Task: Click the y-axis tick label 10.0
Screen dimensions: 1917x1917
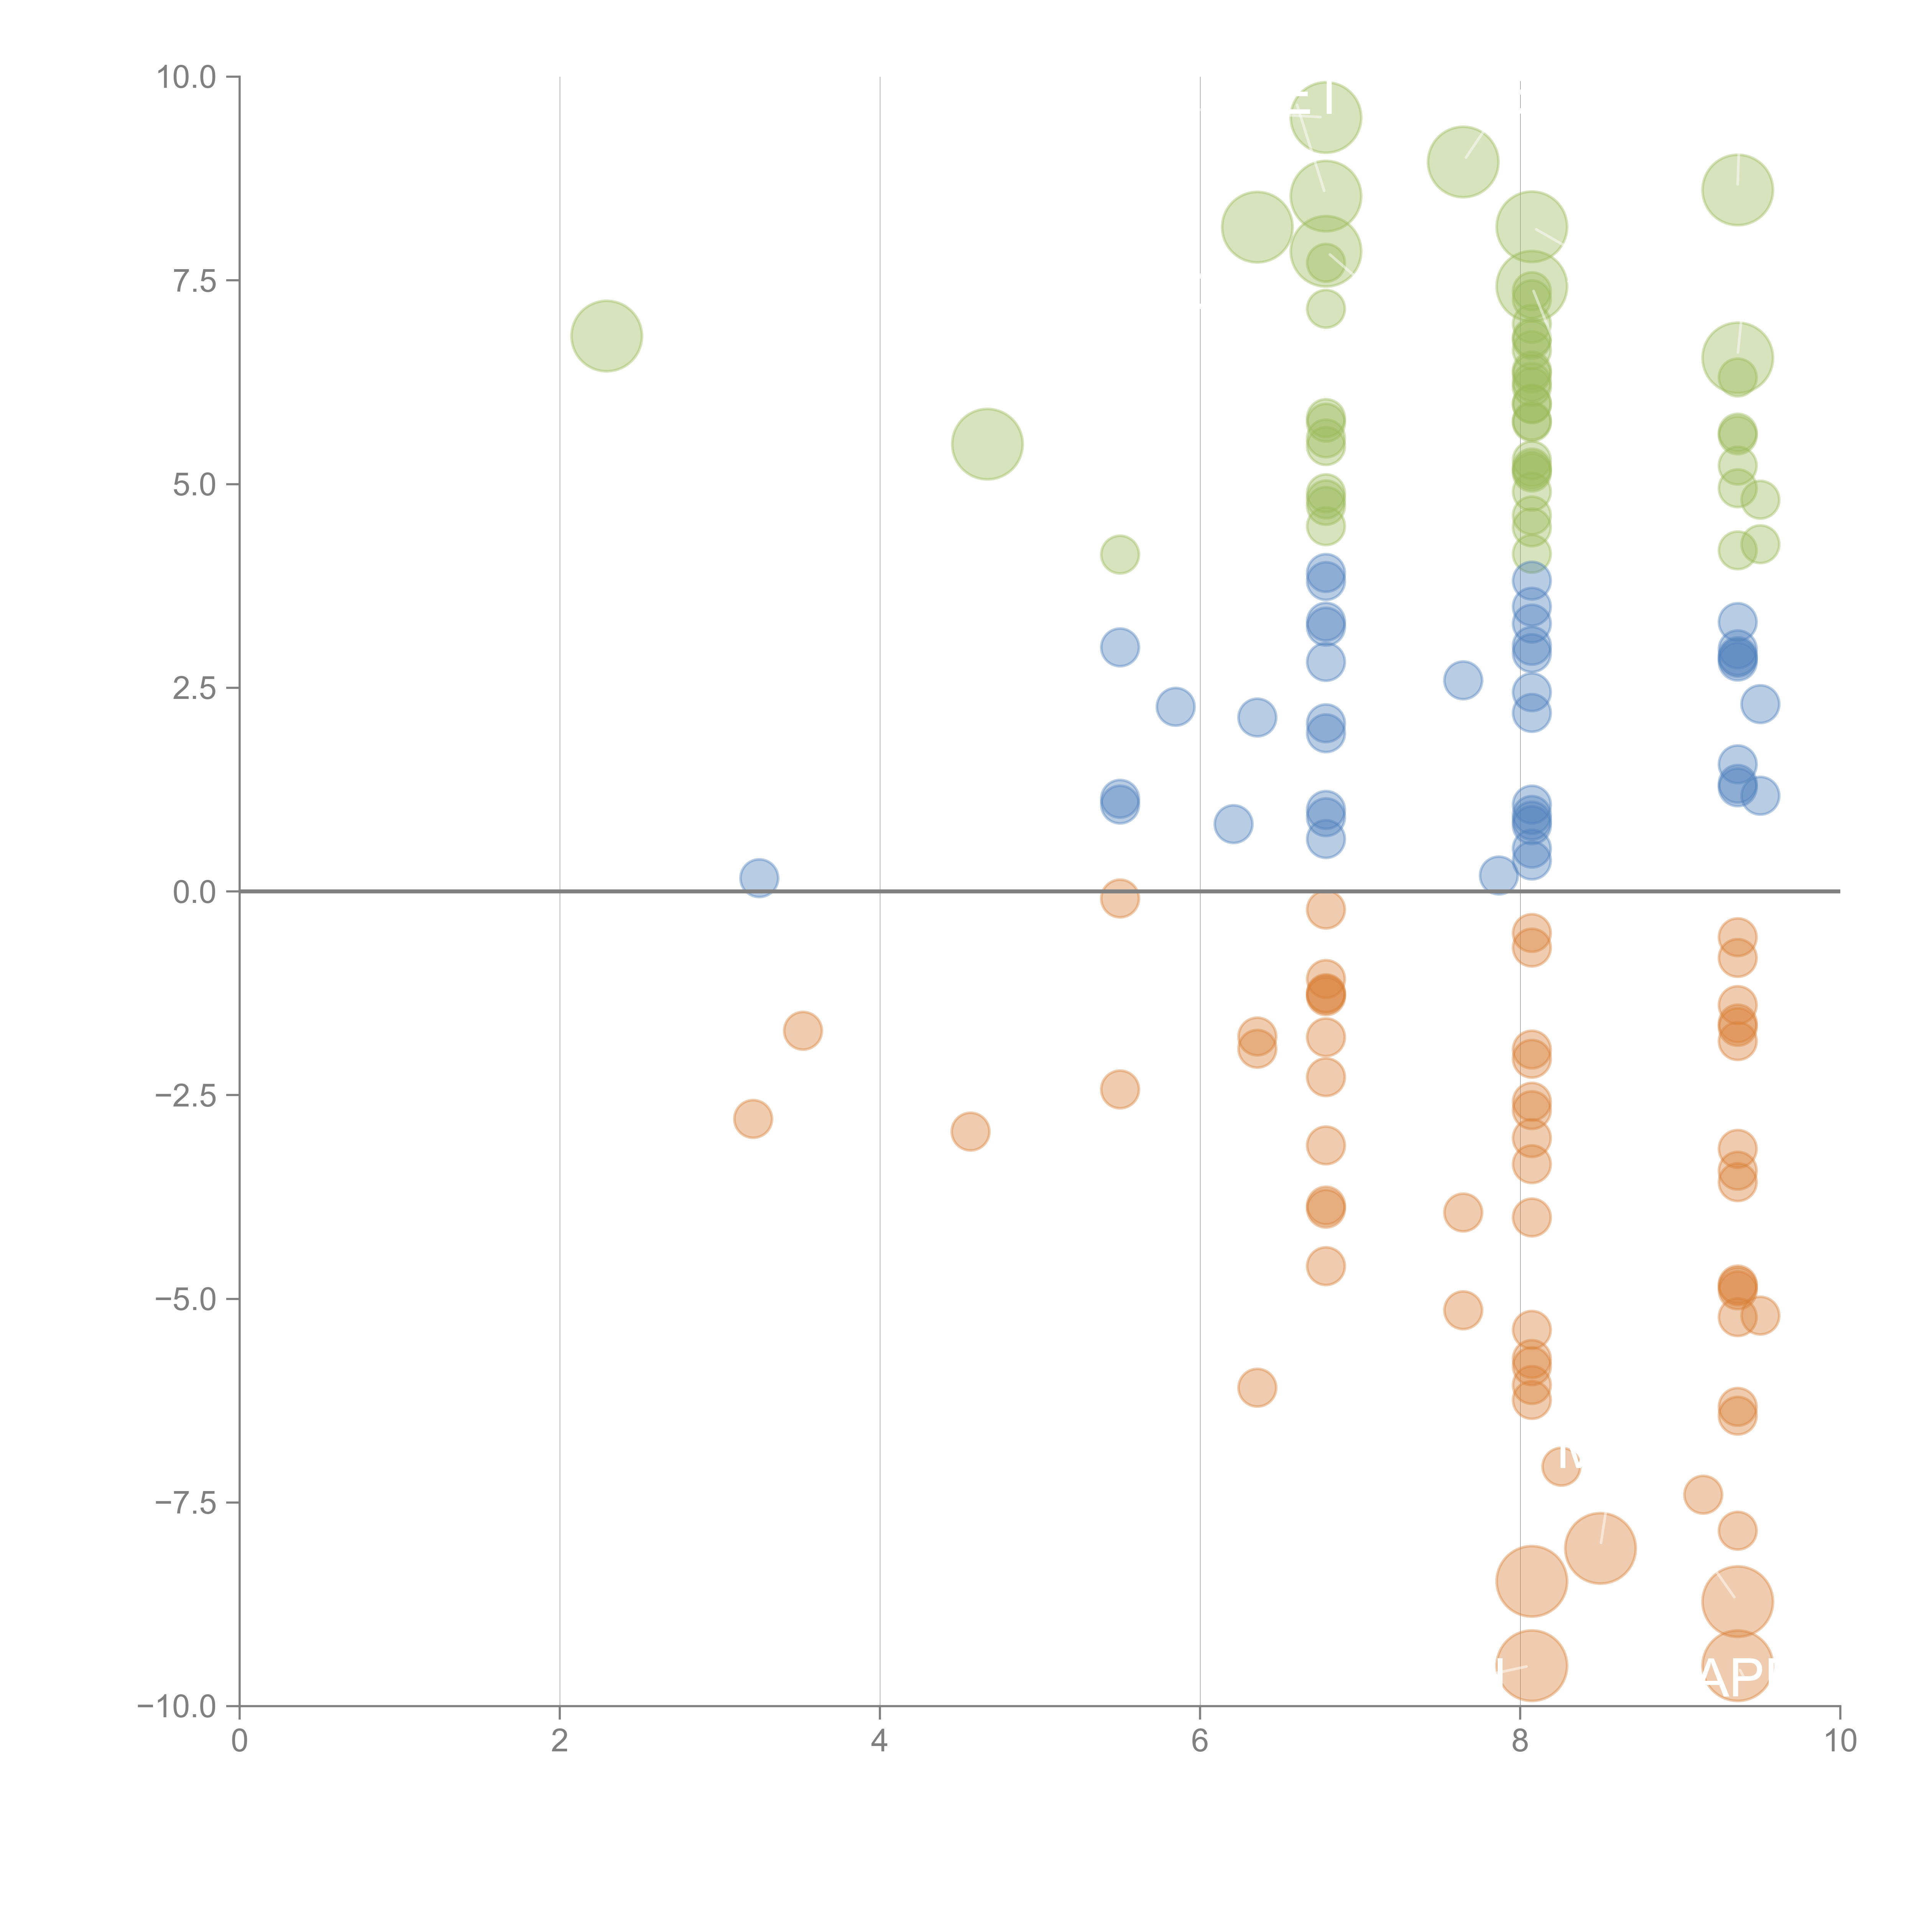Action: click(187, 77)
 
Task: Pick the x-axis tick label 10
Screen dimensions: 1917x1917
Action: click(1840, 1741)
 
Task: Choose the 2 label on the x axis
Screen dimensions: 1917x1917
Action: click(560, 1741)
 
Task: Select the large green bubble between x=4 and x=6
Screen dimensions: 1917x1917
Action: click(987, 444)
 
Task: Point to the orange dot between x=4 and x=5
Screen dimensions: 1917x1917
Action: click(970, 1131)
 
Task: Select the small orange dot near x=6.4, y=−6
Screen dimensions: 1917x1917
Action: click(1257, 1387)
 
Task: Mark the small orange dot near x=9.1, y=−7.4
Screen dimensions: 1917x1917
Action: click(1703, 1494)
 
